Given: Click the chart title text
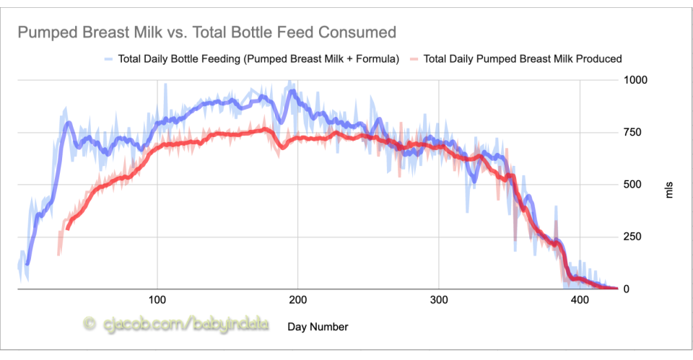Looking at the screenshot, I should [x=206, y=32].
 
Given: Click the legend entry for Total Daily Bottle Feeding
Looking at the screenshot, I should [x=257, y=59].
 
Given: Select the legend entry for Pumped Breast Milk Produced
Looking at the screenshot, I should [x=523, y=59].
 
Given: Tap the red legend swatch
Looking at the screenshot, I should [x=414, y=59].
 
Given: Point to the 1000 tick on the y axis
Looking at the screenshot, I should [x=636, y=79].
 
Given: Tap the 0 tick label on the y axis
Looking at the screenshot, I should [x=627, y=289].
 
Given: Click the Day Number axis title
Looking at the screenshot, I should [x=318, y=327].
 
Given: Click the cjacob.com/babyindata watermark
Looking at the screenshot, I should [x=176, y=325].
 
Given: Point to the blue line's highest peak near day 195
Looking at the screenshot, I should [x=291, y=91].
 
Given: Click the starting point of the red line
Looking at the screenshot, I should [x=67, y=229].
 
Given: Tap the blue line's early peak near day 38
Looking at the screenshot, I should [x=69, y=123].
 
